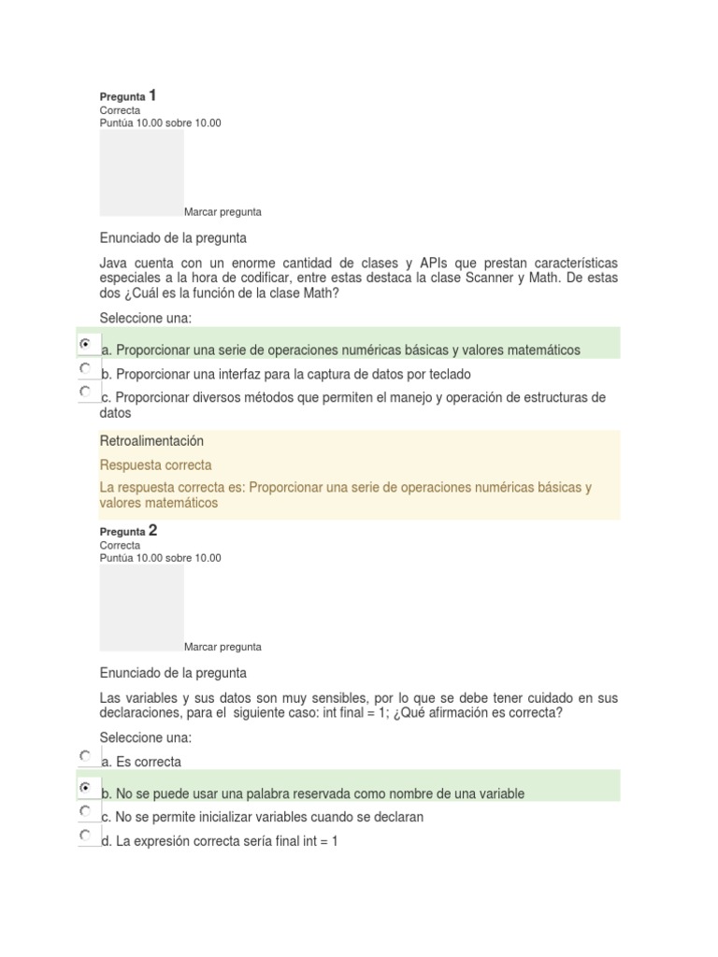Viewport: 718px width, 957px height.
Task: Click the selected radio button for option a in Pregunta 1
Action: point(85,344)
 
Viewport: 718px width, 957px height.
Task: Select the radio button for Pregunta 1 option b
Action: point(85,368)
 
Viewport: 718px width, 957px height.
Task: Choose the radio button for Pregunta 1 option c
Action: point(85,391)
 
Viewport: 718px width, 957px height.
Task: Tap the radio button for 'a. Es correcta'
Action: point(85,755)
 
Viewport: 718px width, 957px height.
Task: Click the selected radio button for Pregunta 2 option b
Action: point(85,788)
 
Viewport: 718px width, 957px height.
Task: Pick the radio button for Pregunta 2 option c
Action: point(85,811)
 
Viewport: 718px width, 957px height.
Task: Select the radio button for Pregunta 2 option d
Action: point(85,835)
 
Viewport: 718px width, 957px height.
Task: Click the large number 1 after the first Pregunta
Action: point(152,95)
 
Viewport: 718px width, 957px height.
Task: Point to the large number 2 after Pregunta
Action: point(152,531)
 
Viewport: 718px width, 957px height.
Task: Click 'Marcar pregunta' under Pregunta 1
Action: point(223,212)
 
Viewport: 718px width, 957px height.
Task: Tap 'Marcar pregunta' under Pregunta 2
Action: point(223,647)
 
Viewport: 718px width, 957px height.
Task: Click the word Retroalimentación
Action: point(151,441)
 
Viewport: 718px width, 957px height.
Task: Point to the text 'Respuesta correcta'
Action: point(156,465)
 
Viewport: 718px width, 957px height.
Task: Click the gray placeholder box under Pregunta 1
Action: point(141,173)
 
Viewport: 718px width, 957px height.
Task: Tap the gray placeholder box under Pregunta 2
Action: point(141,607)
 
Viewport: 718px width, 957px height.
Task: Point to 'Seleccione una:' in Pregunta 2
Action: point(145,738)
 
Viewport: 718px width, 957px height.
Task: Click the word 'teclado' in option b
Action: point(449,375)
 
